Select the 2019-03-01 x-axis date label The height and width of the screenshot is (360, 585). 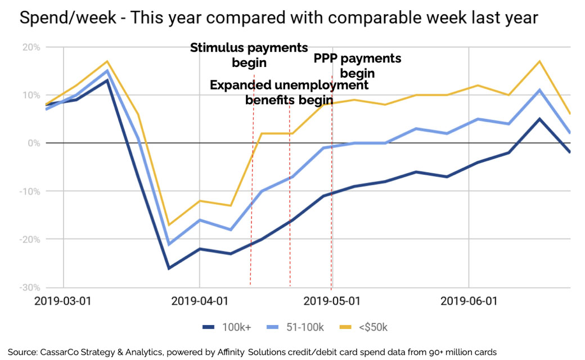(x=63, y=301)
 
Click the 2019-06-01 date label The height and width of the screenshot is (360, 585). (x=469, y=301)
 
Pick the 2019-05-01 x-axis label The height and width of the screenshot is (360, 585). (x=332, y=301)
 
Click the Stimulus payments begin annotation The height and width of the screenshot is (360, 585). (x=249, y=55)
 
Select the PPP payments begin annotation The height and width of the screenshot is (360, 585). (x=357, y=65)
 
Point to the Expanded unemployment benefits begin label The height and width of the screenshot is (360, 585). (x=289, y=92)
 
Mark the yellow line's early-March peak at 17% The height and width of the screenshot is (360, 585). (x=107, y=61)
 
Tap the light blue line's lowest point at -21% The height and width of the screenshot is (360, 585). (x=169, y=244)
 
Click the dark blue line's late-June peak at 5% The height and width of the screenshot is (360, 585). (x=539, y=119)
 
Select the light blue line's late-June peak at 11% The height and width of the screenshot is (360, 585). (x=539, y=90)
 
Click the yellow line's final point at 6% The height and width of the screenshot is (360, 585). (x=570, y=114)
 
